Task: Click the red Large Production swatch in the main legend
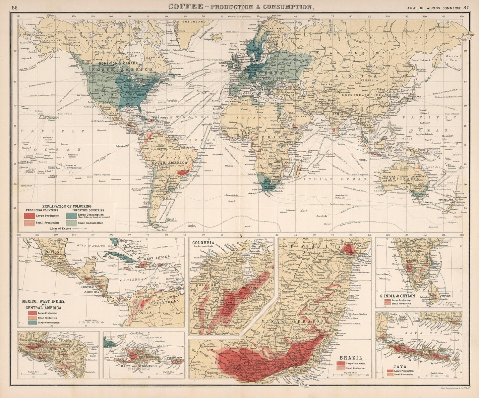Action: [x=32, y=216]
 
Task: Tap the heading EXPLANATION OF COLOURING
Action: [x=67, y=206]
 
